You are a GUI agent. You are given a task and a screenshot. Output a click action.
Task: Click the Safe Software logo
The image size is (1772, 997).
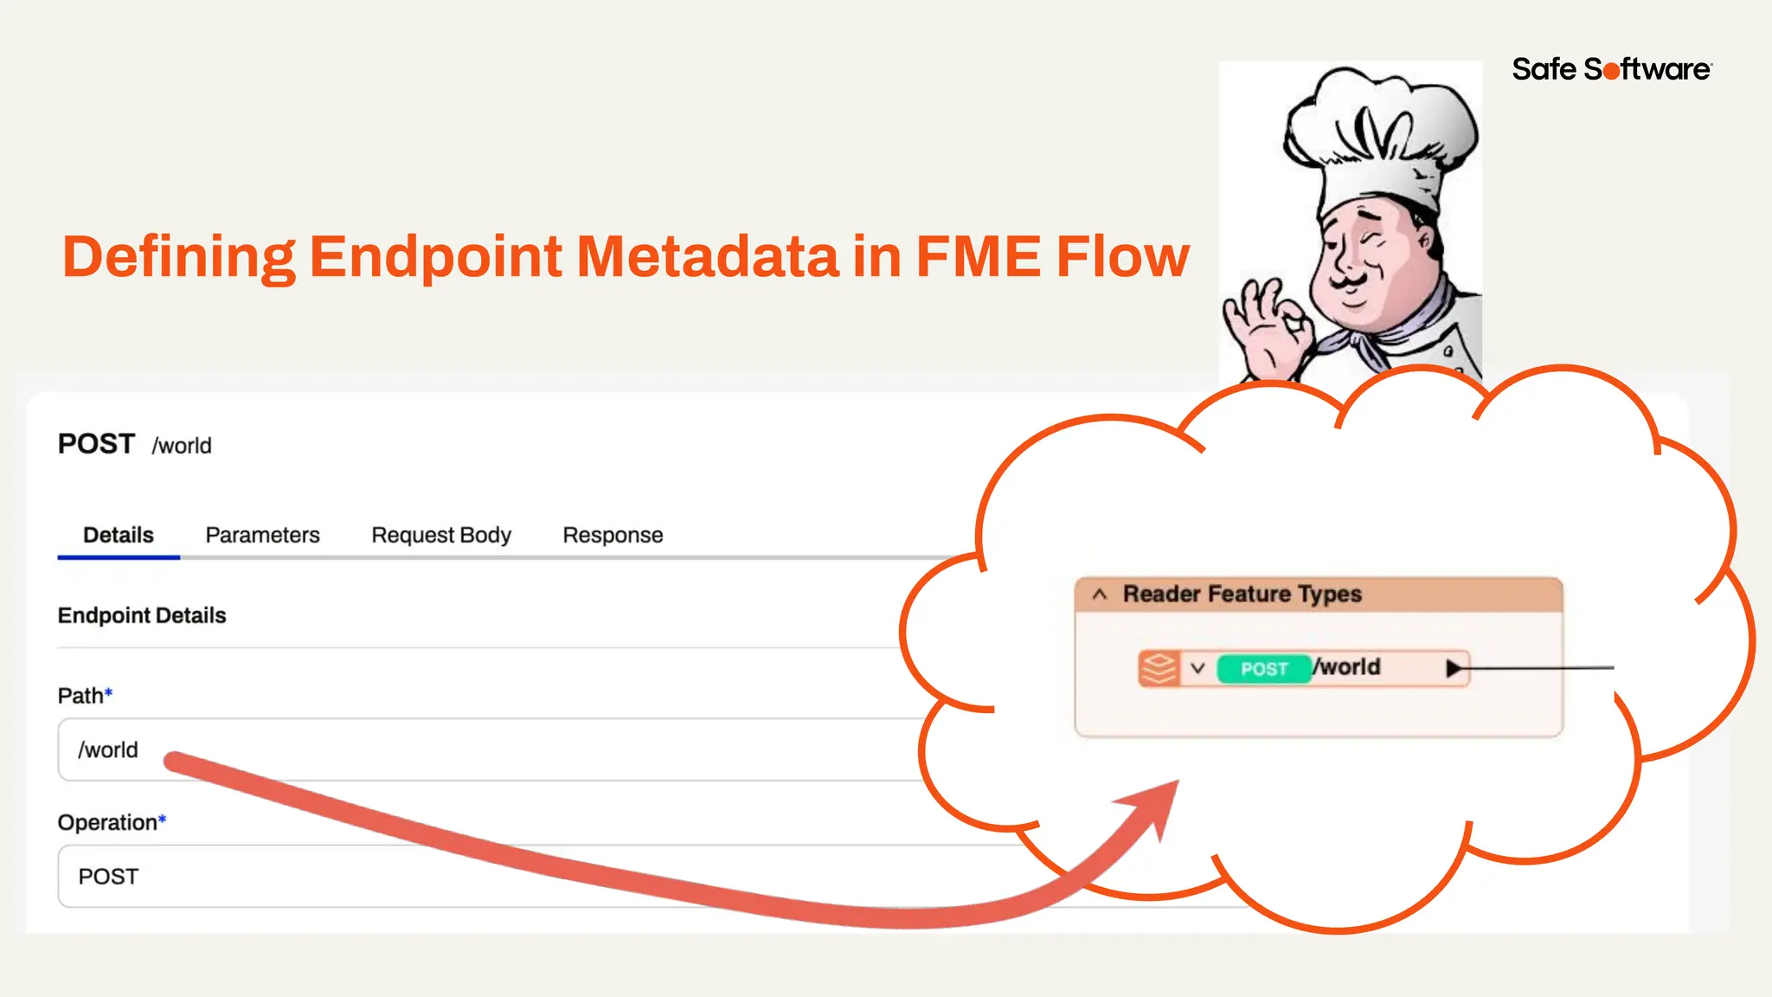(x=1611, y=69)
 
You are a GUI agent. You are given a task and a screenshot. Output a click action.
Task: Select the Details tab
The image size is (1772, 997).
(x=119, y=535)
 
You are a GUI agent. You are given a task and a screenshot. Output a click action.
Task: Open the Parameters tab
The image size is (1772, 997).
(x=262, y=535)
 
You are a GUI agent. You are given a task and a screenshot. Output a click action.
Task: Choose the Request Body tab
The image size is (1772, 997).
(x=441, y=535)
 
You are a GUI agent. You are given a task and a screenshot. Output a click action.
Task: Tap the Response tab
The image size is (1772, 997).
(x=613, y=535)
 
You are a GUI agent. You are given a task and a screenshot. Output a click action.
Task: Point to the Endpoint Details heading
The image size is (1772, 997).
(x=142, y=615)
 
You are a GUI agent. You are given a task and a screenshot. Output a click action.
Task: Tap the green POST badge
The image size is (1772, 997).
(x=1264, y=669)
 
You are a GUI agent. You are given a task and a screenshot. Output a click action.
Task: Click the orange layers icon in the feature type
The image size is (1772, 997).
(x=1159, y=668)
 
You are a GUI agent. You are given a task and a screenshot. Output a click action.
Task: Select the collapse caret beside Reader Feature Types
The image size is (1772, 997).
(x=1100, y=595)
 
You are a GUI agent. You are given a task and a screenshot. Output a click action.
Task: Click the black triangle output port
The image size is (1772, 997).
(x=1454, y=668)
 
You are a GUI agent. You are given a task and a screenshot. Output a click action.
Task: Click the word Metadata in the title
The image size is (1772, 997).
(x=708, y=257)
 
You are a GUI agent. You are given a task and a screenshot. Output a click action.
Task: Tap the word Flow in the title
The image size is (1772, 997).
(x=1122, y=257)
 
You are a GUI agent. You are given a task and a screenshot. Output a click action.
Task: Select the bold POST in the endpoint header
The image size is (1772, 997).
(x=96, y=444)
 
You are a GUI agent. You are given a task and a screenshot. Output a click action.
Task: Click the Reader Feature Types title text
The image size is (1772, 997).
(x=1242, y=595)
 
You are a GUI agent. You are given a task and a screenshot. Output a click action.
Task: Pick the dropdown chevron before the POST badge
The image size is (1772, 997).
(x=1197, y=668)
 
